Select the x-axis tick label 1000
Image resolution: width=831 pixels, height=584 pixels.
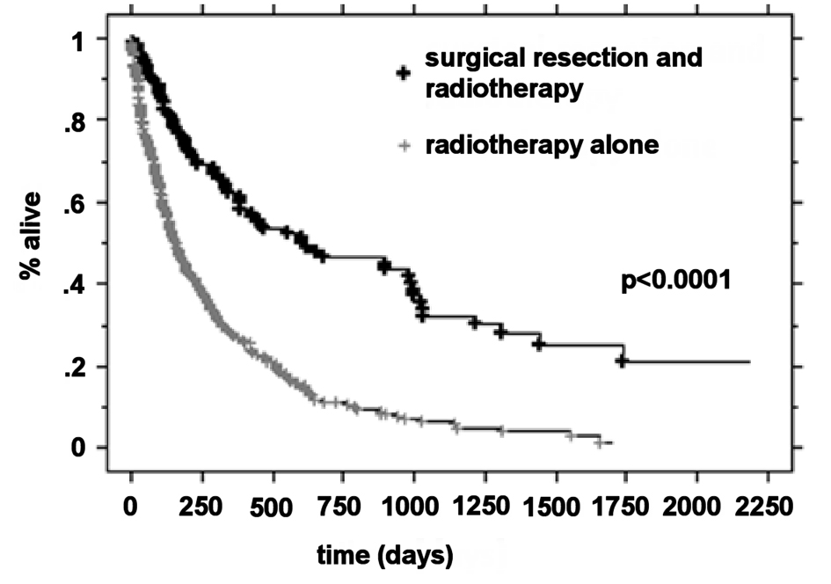tap(413, 507)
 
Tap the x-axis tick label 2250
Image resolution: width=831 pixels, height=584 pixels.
tap(767, 507)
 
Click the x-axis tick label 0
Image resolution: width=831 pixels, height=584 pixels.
tap(131, 507)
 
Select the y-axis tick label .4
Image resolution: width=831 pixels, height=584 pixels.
tap(73, 284)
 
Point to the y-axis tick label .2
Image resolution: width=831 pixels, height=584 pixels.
tap(73, 367)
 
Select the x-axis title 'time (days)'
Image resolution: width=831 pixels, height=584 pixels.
tap(388, 555)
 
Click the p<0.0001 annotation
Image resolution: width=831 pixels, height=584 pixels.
tap(677, 284)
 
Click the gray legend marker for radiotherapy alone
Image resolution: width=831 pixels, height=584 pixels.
tap(403, 146)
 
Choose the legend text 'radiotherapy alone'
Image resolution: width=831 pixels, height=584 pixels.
tap(542, 145)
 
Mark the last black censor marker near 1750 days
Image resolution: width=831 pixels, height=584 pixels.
tap(622, 361)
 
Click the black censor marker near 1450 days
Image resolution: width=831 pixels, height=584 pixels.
tap(539, 345)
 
